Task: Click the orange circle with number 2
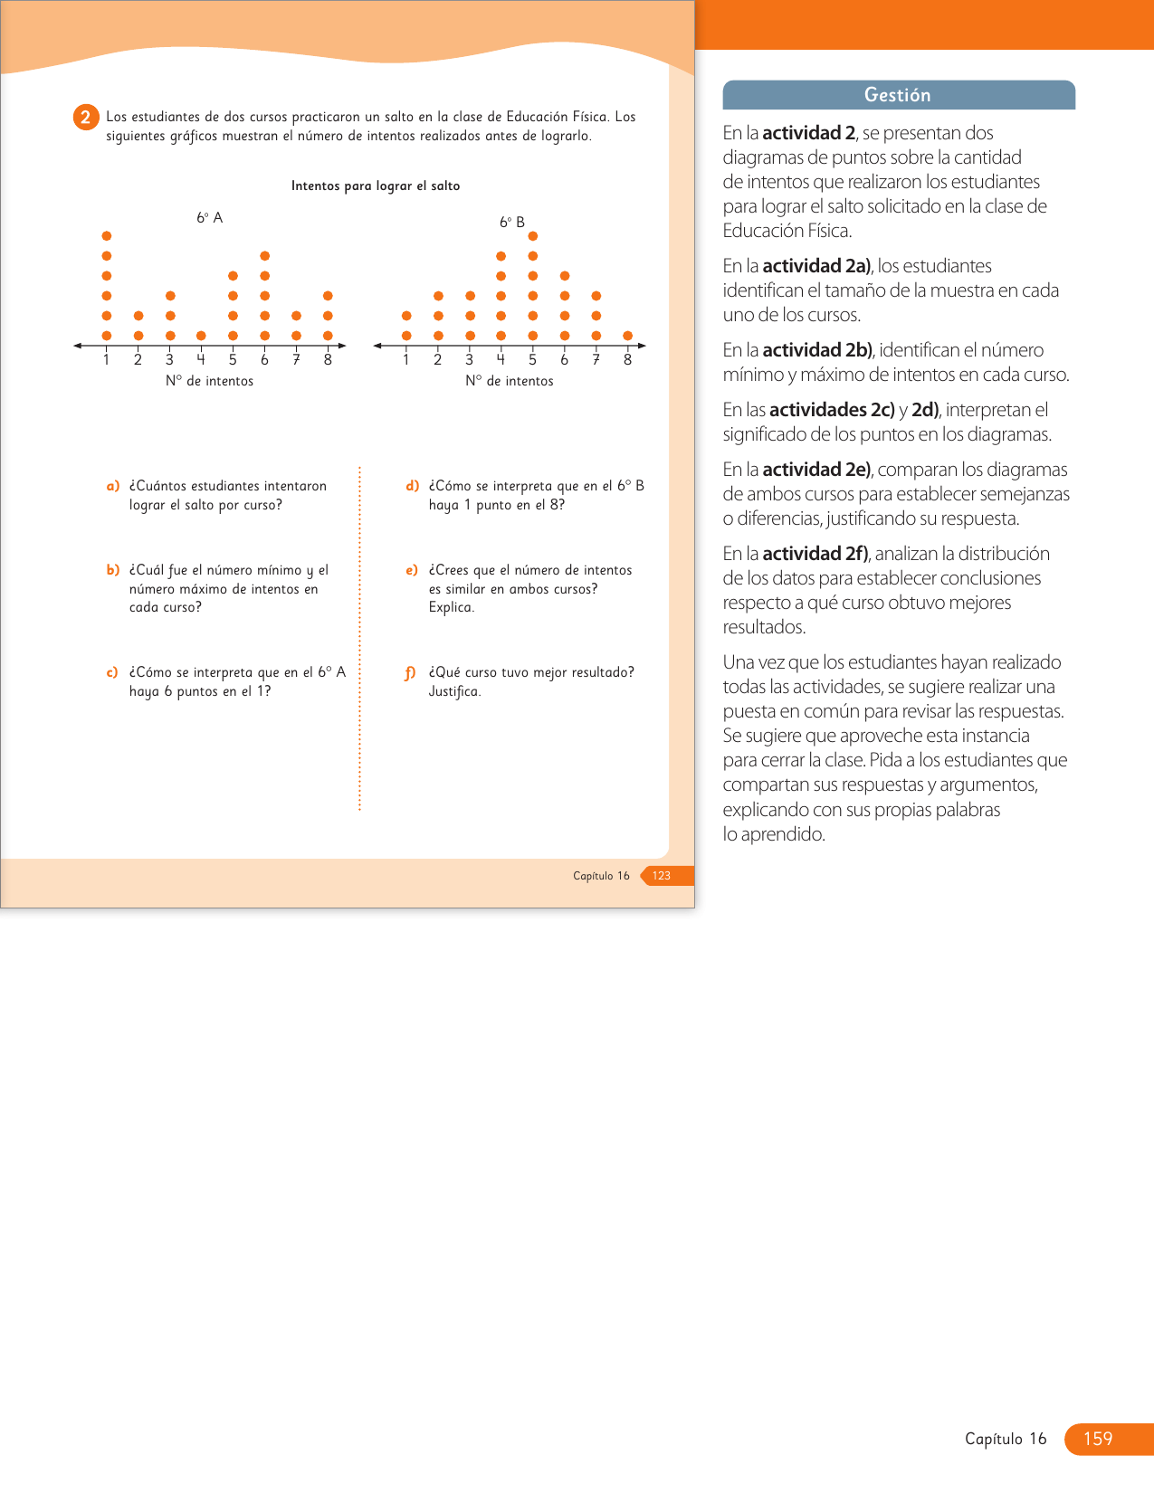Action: pos(85,117)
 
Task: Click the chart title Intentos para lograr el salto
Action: pos(376,185)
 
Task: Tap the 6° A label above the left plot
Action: pos(210,218)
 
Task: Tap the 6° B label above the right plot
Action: pos(512,222)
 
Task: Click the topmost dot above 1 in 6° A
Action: pos(107,236)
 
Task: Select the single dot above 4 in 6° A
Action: pos(201,336)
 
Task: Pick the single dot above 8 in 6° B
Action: pos(628,336)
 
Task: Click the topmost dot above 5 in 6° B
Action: pos(533,236)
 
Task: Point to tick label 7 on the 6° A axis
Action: pos(296,360)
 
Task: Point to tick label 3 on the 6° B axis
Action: pos(470,360)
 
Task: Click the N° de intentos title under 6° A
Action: pos(209,381)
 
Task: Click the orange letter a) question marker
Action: pos(113,486)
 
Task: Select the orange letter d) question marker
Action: pos(413,486)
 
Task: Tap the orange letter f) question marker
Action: pos(411,672)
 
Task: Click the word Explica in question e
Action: pos(451,607)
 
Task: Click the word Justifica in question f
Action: pos(454,691)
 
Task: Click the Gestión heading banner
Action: pos(898,95)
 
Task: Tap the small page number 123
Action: pos(662,875)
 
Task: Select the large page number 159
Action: pos(1098,1439)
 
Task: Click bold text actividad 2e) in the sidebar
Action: pos(816,470)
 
